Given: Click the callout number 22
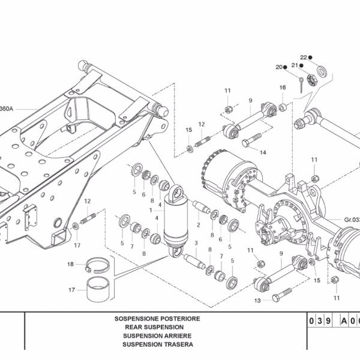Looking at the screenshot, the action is (303, 58).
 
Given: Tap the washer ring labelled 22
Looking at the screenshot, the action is (322, 71).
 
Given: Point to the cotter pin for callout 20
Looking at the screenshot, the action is (301, 85).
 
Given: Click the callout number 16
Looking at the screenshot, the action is (283, 88).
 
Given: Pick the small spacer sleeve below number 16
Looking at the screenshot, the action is (283, 107).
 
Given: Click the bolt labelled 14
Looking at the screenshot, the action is (251, 140).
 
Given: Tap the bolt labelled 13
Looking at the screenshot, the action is (282, 295).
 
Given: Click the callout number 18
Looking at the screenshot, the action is (70, 264).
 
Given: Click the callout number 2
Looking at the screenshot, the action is (199, 225).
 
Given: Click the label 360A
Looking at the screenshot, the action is (6, 109).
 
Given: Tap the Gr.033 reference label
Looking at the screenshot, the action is (352, 220).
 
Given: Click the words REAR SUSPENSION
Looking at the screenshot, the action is (154, 327).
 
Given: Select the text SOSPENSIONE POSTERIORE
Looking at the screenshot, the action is (157, 319).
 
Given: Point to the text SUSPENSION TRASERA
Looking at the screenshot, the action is (158, 344).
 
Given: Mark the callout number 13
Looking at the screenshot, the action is (257, 301).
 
